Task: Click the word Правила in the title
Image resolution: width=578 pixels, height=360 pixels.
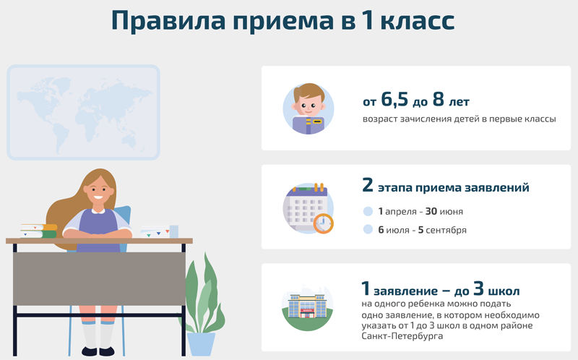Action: point(168,21)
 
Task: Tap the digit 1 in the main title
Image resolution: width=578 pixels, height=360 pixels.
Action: point(367,20)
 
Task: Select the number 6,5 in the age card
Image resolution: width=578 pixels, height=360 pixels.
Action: point(394,100)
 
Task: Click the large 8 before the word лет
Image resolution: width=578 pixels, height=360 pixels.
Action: point(439,99)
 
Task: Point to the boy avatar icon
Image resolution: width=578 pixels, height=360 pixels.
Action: point(309,108)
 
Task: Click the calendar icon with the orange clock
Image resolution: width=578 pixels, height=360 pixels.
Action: point(309,208)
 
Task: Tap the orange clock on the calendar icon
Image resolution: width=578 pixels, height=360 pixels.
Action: point(323,223)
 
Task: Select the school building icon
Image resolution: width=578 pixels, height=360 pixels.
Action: point(308,307)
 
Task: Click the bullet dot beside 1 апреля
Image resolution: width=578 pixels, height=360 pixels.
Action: point(368,211)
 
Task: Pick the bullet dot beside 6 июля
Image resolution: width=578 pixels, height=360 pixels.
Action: point(368,229)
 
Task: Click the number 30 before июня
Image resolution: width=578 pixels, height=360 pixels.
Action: point(431,211)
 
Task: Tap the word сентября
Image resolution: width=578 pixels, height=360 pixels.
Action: point(446,230)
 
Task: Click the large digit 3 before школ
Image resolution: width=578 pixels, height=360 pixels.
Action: point(478,288)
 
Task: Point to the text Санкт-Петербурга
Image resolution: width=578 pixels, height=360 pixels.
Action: point(402,336)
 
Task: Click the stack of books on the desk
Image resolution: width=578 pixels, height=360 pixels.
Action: point(39,231)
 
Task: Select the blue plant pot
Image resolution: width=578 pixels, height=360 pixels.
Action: point(201,344)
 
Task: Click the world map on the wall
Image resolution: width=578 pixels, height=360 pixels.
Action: point(83,112)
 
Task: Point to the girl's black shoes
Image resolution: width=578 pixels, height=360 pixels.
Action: point(98,351)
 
